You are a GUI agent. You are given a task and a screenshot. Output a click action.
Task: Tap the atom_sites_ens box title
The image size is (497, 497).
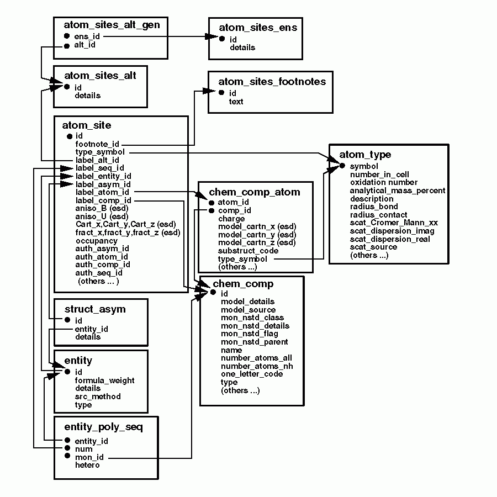click(x=258, y=28)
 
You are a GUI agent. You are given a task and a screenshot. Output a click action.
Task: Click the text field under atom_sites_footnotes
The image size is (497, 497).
click(x=236, y=102)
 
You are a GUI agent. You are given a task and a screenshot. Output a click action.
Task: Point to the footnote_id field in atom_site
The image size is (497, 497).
click(x=97, y=144)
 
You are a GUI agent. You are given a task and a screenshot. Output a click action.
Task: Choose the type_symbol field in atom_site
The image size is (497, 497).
click(x=100, y=152)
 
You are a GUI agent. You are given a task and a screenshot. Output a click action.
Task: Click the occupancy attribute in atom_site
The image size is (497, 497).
click(x=96, y=241)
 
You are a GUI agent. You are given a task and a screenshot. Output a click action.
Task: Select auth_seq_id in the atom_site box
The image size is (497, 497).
click(x=98, y=273)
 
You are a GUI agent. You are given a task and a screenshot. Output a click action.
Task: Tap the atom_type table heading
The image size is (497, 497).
click(x=365, y=155)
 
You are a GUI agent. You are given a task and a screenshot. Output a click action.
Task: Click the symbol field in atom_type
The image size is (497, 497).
click(x=364, y=166)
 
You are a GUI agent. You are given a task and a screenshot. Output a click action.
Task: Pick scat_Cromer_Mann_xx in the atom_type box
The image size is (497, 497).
click(x=394, y=223)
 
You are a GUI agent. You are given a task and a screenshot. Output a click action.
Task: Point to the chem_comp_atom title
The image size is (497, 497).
click(x=255, y=192)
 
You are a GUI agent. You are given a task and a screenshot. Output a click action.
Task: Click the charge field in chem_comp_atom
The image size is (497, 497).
click(x=231, y=219)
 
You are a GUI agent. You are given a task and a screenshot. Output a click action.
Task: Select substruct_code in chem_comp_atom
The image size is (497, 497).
click(x=248, y=251)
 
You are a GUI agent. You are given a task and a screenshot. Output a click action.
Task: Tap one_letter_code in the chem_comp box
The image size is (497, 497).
click(x=251, y=374)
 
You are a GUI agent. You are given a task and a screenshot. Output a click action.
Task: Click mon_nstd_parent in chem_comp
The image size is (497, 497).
click(x=254, y=342)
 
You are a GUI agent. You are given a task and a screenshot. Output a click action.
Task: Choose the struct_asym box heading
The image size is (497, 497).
click(x=95, y=309)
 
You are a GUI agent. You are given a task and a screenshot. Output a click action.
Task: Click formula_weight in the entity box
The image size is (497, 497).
click(x=104, y=380)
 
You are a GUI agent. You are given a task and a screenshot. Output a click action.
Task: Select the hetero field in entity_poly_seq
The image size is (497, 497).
click(x=87, y=466)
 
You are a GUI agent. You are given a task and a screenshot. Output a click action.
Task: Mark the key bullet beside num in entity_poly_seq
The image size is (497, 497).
click(x=66, y=449)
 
